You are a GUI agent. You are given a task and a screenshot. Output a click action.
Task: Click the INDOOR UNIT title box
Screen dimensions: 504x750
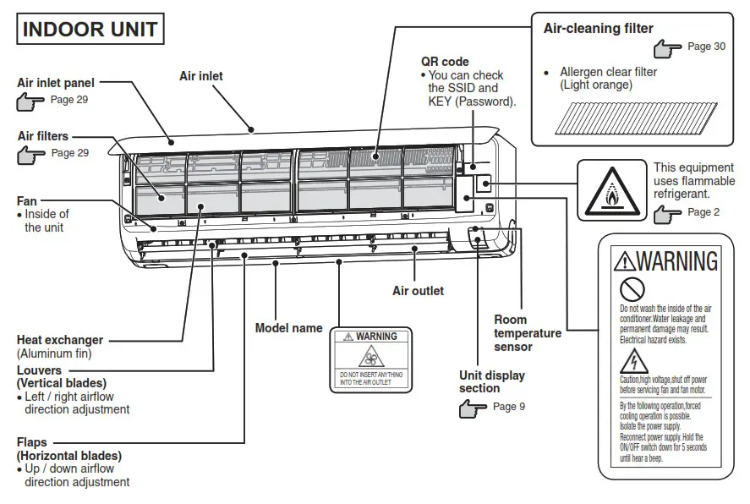[90, 30]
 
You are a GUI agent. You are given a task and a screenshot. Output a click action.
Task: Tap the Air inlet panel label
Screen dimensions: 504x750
[56, 83]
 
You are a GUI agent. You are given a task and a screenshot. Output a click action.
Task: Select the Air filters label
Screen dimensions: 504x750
[43, 136]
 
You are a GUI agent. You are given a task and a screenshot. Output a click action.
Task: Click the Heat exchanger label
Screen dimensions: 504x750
[60, 340]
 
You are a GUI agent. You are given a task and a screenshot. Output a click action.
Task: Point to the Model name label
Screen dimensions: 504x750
[289, 327]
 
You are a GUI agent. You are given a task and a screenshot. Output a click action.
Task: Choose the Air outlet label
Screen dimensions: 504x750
[418, 291]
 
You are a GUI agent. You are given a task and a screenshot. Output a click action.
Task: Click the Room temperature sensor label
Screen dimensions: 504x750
[528, 332]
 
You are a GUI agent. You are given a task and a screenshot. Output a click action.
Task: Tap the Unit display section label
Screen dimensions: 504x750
[492, 381]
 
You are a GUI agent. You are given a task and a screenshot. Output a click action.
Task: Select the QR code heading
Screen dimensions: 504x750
[445, 62]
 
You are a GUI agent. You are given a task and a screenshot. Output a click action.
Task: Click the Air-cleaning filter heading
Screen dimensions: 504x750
[598, 29]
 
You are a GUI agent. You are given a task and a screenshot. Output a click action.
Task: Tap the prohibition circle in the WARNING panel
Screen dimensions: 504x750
[632, 285]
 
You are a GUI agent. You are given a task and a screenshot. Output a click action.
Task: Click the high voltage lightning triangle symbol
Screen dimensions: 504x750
[632, 362]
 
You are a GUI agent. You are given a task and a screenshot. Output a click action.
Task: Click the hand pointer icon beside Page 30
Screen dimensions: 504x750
[667, 47]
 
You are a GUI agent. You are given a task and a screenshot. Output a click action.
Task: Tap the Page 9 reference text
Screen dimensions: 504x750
[508, 407]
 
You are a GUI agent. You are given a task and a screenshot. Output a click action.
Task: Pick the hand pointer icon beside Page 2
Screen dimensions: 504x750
[667, 213]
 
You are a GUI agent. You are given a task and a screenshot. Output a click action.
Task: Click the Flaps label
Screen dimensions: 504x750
[32, 442]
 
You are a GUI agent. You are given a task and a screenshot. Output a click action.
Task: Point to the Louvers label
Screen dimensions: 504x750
[40, 370]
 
